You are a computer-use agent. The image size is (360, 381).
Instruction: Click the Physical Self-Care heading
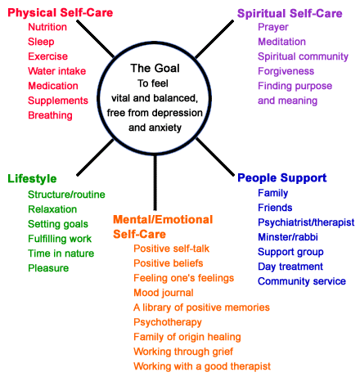coord(61,13)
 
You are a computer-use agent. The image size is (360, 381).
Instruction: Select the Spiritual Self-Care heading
coord(290,13)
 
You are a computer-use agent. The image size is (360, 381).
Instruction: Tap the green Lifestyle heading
coord(32,179)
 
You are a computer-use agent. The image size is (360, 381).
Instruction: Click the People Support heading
coord(282,178)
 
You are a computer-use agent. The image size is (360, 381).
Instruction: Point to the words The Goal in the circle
coord(155,68)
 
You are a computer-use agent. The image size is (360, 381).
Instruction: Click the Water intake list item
coord(57,71)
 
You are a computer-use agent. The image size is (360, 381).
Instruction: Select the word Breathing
coord(50,115)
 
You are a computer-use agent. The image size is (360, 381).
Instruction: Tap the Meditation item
coord(281,42)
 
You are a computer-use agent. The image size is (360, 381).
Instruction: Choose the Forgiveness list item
coord(286,71)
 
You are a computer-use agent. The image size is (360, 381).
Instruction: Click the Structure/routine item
coord(66,195)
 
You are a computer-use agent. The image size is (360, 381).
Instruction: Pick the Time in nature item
coord(61,253)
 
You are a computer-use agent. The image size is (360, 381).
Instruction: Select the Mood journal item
coord(164,293)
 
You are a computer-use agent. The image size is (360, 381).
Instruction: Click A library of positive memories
coord(201,307)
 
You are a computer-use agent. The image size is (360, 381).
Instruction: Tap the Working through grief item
coord(183,352)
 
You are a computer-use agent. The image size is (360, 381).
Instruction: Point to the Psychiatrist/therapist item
coord(306,222)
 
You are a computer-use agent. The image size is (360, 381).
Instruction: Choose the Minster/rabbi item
coord(288,237)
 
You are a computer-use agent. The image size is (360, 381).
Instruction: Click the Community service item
coord(302,281)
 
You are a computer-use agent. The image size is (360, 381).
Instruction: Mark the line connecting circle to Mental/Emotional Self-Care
coord(155,182)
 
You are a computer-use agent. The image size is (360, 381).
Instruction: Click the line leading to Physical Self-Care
coord(96,39)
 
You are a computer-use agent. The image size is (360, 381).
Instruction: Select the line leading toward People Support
coord(215,157)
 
